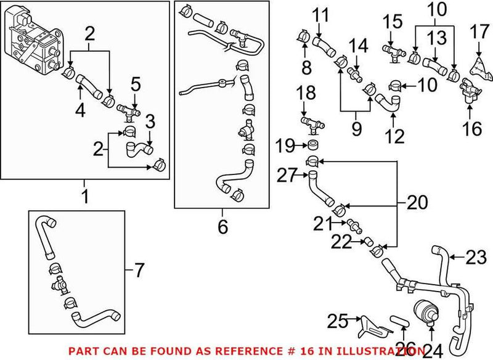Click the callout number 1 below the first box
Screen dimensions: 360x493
(x=84, y=197)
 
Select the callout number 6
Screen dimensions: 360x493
(x=222, y=227)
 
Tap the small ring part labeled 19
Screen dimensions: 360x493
(x=313, y=146)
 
